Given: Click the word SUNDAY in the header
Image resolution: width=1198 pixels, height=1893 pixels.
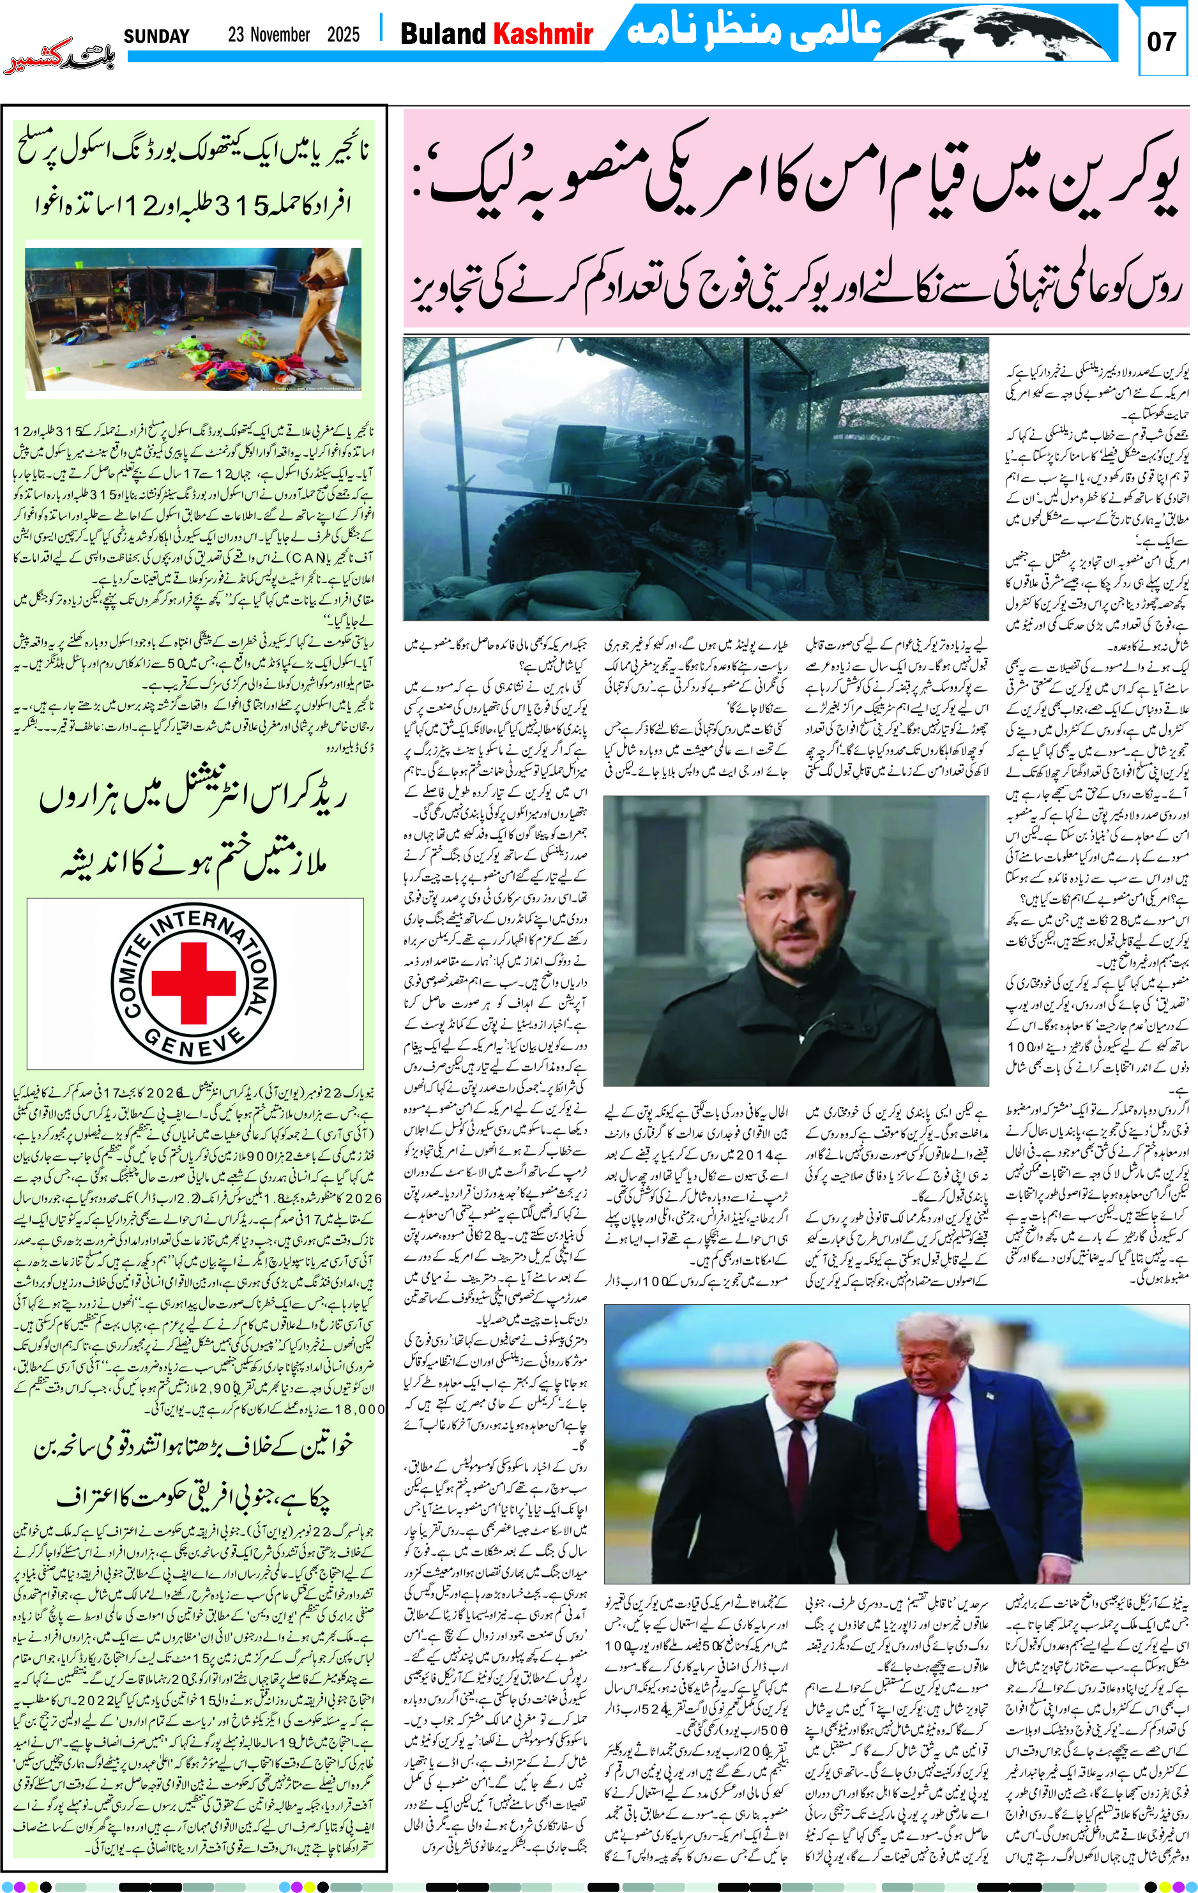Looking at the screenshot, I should click(156, 36).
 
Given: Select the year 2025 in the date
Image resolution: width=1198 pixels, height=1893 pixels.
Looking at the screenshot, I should click(344, 35).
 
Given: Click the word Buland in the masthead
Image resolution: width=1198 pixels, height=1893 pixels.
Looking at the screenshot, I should click(443, 34).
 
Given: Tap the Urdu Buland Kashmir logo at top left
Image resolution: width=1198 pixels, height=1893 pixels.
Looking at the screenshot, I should click(59, 62).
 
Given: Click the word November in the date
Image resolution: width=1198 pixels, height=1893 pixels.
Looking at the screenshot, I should click(280, 35).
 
